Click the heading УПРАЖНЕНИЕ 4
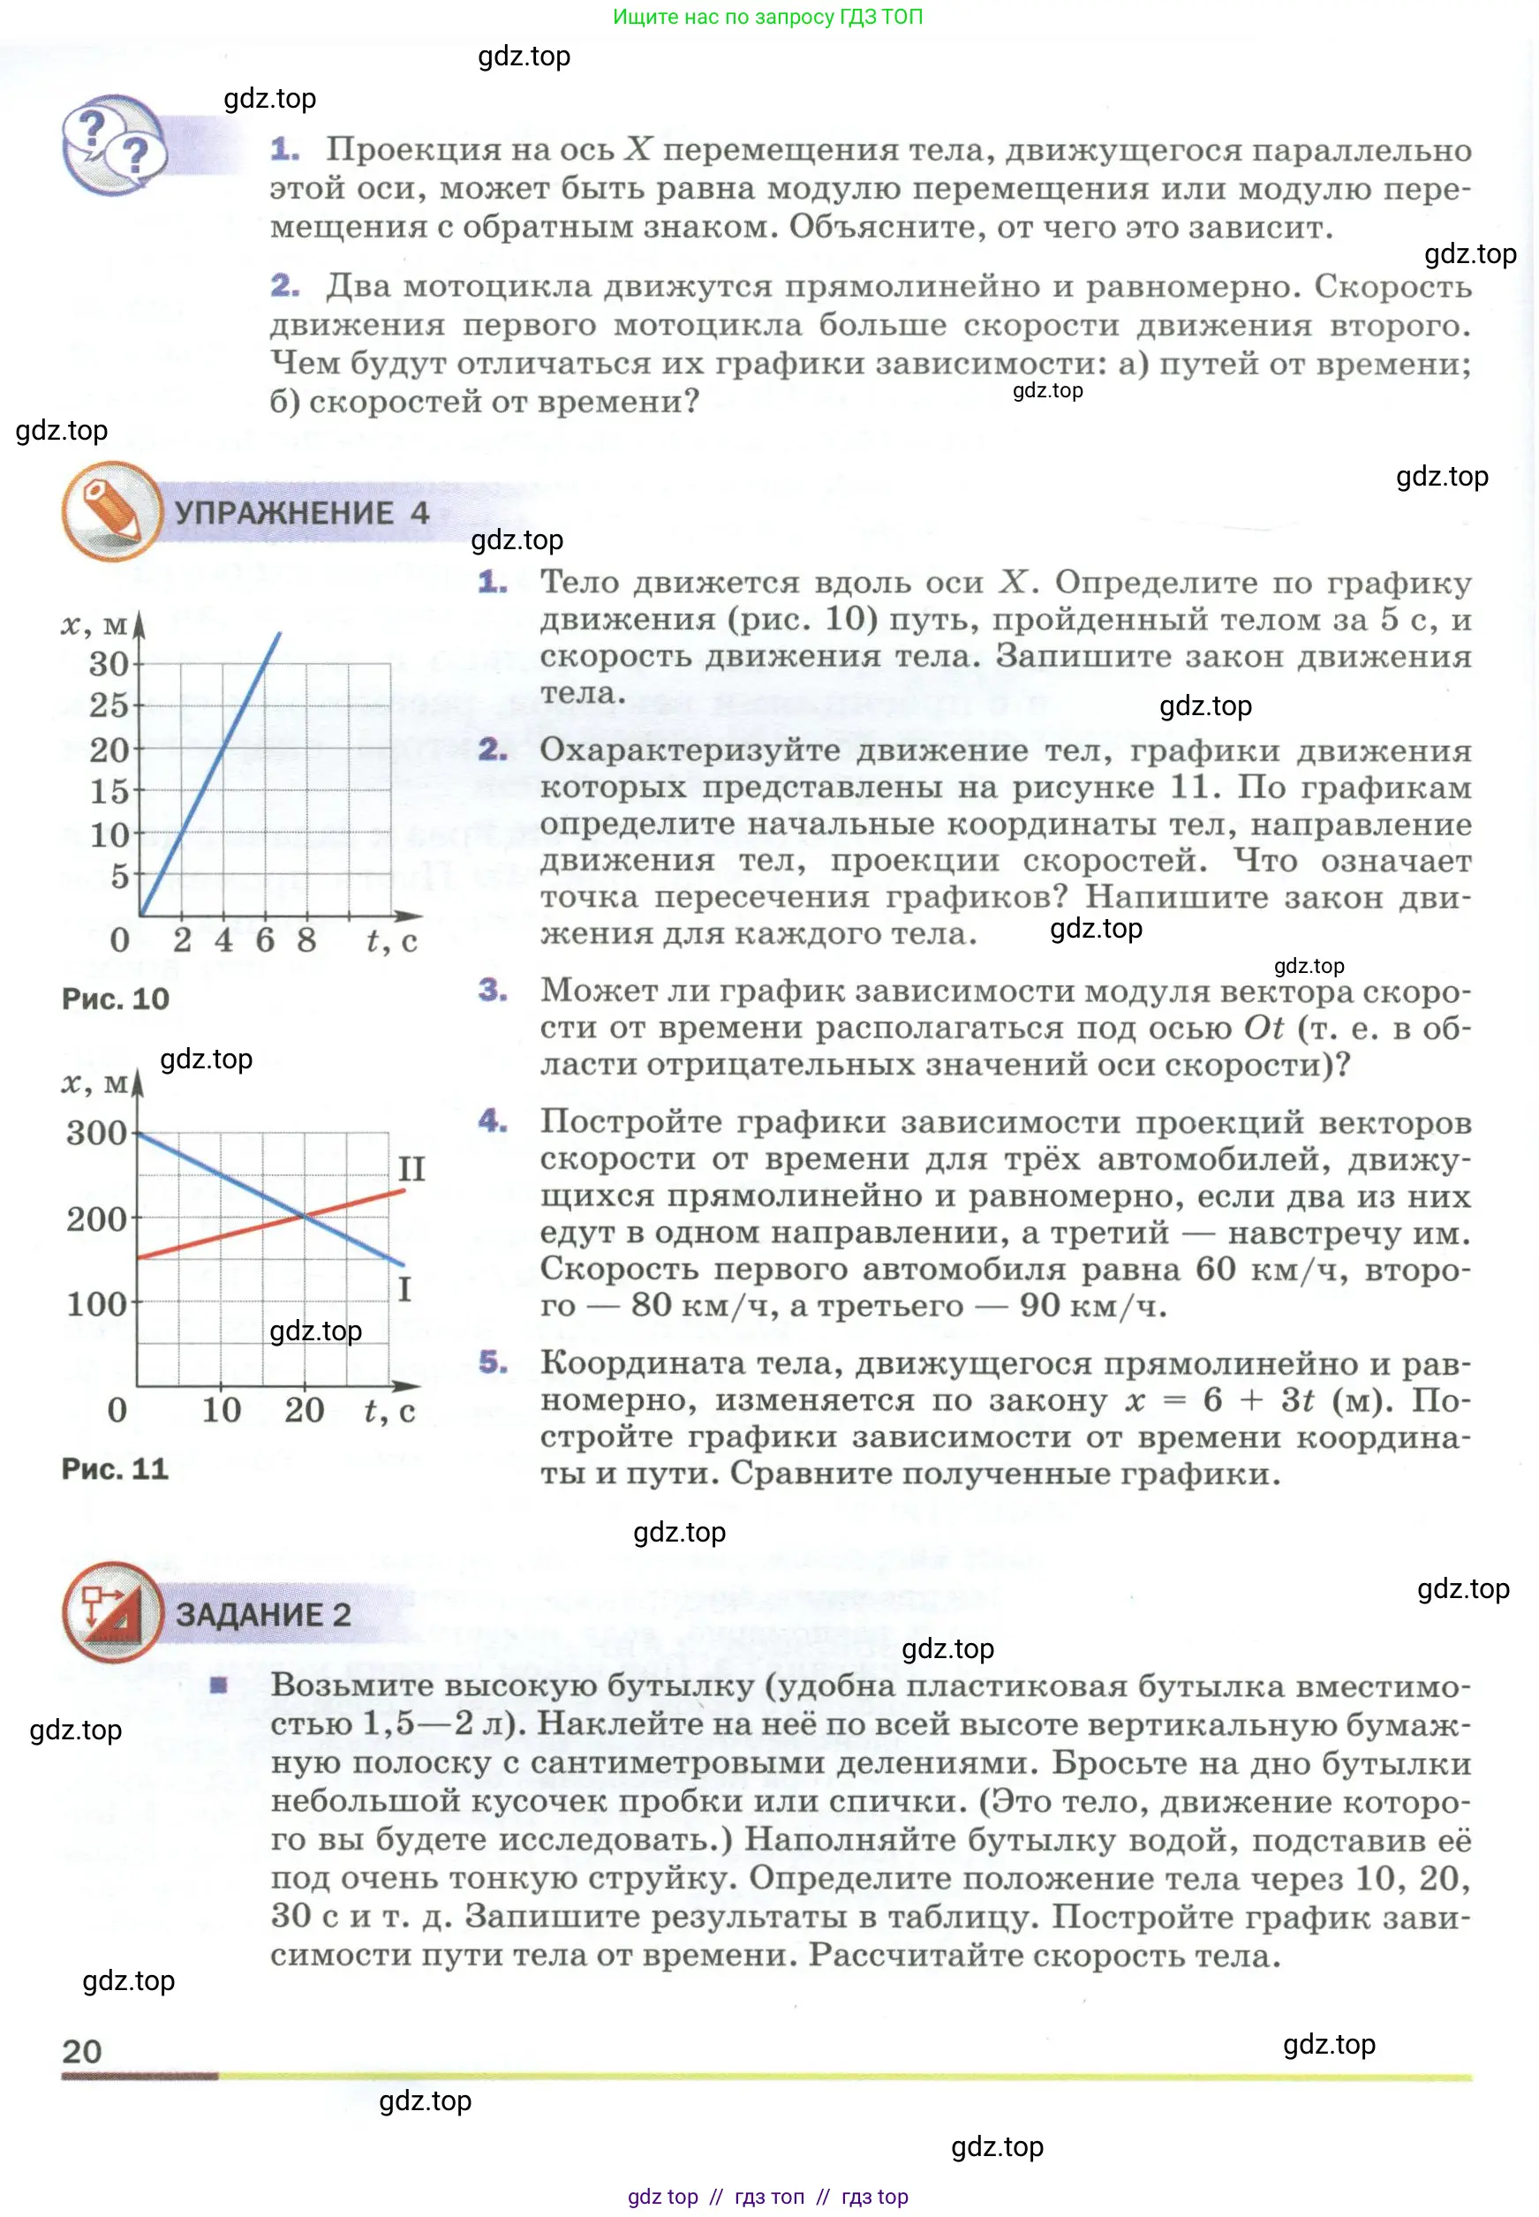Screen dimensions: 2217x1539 (301, 512)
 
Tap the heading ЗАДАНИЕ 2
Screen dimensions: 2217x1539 (262, 1613)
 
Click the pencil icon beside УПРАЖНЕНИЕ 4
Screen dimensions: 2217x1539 (111, 511)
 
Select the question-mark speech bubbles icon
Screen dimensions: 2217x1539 (114, 145)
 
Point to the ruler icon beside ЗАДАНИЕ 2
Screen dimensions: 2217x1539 (112, 1612)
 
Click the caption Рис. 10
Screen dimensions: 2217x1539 (115, 998)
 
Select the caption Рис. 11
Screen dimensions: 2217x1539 (115, 1467)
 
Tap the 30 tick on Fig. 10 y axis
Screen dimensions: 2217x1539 (108, 663)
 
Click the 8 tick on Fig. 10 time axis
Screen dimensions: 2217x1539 (306, 939)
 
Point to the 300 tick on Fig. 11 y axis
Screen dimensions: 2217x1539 (95, 1132)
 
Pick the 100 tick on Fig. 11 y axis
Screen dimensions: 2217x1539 (95, 1304)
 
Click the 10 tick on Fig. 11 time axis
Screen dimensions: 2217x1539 (221, 1410)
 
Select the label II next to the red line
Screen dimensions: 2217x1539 (411, 1169)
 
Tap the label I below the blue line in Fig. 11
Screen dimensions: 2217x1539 (405, 1288)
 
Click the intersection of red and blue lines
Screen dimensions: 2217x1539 (305, 1217)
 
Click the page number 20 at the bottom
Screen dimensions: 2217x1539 (82, 2051)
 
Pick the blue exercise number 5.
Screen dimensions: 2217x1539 (493, 1361)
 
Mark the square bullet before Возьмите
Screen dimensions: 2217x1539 (219, 1685)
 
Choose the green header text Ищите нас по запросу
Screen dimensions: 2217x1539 (767, 17)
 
